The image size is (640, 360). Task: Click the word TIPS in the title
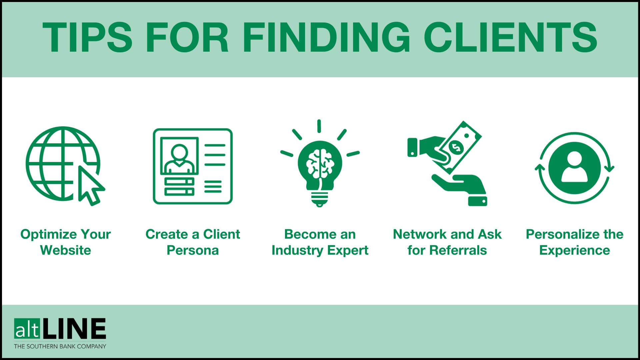(87, 37)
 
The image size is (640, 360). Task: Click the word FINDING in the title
(326, 37)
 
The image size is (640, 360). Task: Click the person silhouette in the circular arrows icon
(574, 168)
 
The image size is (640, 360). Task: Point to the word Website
(65, 250)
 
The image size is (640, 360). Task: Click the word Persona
(193, 250)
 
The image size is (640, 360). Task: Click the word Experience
(574, 250)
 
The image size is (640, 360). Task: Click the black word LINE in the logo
(75, 329)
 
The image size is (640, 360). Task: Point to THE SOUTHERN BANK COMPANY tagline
(60, 346)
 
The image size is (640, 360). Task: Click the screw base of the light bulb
(319, 199)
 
